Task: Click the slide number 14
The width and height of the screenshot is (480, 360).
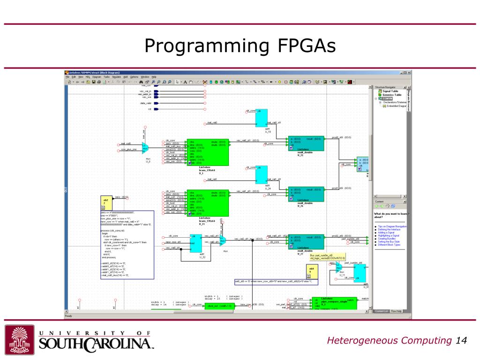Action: point(461,340)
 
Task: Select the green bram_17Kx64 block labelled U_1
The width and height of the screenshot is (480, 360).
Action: point(208,152)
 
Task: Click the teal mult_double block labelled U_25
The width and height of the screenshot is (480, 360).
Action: point(306,143)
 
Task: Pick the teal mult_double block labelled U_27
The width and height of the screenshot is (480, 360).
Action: point(306,241)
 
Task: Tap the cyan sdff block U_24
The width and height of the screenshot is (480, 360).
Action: point(261,175)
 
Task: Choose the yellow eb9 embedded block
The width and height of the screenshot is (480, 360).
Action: point(312,271)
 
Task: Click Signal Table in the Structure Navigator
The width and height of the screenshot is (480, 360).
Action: point(390,91)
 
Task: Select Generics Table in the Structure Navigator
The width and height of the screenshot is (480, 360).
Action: point(391,95)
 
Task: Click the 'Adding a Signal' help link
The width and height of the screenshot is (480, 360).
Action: point(385,232)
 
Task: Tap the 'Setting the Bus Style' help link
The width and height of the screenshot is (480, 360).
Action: point(389,241)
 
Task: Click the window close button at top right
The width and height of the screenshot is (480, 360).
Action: point(409,72)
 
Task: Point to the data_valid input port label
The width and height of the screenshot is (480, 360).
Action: point(145,103)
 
